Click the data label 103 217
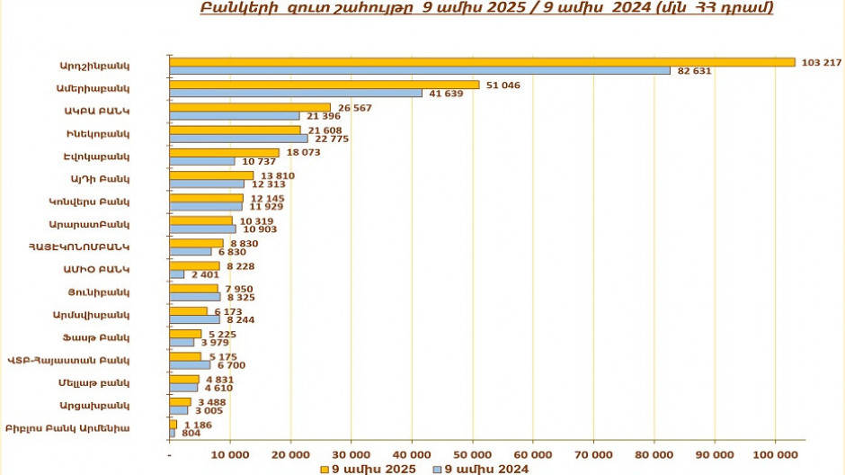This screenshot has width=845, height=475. coord(820,62)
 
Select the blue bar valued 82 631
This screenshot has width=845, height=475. coord(419,70)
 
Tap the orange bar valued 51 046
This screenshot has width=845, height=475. coord(324,85)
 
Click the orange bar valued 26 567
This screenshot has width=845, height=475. coord(250,107)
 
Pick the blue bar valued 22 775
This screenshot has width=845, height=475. coord(238,139)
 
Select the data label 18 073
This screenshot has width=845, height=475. coord(304,152)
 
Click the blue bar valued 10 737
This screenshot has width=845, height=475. coord(202,161)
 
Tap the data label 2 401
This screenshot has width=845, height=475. coord(203,274)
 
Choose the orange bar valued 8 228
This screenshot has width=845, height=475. coord(194,265)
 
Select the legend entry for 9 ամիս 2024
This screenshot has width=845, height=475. coord(481,468)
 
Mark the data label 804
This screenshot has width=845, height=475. coord(191,434)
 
